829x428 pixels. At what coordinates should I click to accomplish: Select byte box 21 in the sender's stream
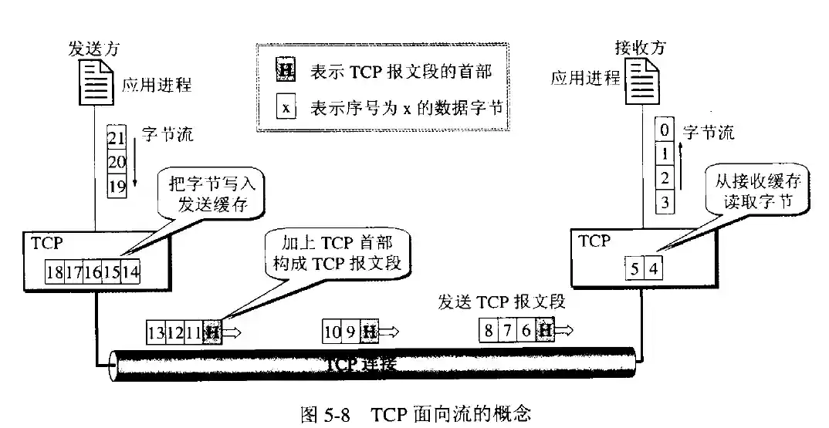tap(116, 140)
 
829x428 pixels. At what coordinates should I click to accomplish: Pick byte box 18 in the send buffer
tap(55, 271)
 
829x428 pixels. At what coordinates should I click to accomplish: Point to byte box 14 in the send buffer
tap(131, 271)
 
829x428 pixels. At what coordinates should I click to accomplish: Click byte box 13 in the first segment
tap(156, 332)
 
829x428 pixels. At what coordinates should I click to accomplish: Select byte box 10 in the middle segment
tap(332, 332)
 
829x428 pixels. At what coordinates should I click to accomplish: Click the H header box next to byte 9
tap(370, 332)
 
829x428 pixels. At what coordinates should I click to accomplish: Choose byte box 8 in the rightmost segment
tap(489, 331)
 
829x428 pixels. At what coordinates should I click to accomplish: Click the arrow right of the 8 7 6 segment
tap(566, 330)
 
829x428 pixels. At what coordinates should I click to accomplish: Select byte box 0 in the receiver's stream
tap(663, 129)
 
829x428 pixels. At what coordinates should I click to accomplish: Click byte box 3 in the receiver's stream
tap(663, 203)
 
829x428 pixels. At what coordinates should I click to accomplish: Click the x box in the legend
tap(285, 108)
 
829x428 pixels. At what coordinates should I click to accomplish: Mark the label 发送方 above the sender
tap(89, 50)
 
